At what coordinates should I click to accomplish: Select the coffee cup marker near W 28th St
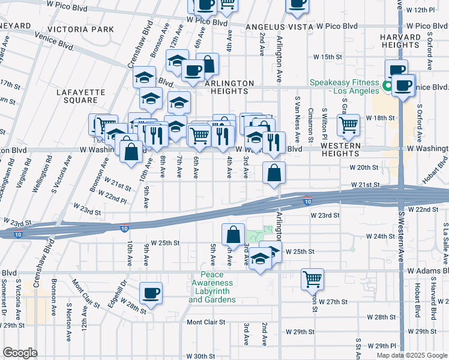(151, 293)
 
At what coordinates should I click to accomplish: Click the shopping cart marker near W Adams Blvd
(312, 278)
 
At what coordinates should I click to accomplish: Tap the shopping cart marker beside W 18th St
(348, 125)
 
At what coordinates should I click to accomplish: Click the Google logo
(20, 353)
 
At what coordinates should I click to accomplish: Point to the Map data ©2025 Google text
(411, 355)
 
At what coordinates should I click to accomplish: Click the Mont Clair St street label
(205, 322)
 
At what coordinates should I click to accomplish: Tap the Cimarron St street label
(311, 120)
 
